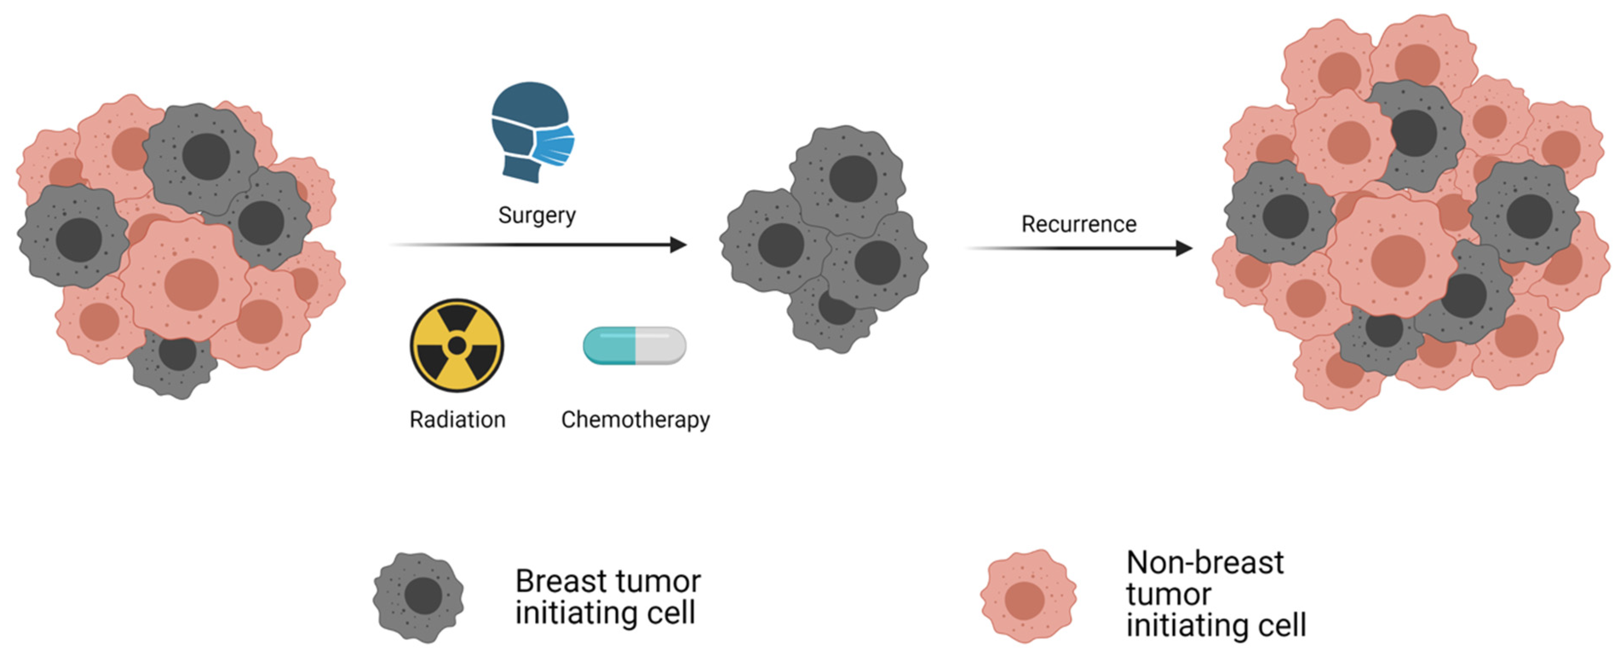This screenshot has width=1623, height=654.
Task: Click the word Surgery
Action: pos(537,216)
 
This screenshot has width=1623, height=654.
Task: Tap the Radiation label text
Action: pos(457,420)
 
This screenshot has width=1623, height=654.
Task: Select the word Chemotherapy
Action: pos(635,420)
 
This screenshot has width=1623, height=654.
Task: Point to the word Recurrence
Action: pos(1079,224)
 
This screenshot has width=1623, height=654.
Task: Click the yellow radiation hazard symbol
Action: pos(457,345)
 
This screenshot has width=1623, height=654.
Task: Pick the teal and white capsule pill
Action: pos(635,345)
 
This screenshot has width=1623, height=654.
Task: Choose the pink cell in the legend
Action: pos(1028,596)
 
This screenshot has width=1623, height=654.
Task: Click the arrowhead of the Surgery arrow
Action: pos(678,245)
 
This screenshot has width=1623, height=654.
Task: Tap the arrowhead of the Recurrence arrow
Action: pos(1184,248)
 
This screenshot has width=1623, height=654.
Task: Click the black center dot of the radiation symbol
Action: pos(457,345)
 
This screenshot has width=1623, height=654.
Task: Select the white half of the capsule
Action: pos(660,345)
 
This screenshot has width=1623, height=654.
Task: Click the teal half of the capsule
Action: pos(610,345)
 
